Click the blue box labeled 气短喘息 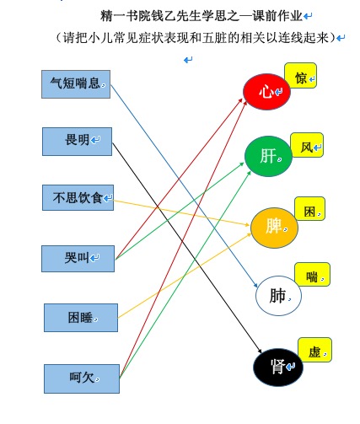(x=76, y=84)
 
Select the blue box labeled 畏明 (x=77, y=142)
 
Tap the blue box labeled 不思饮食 (x=78, y=197)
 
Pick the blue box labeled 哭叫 (x=78, y=259)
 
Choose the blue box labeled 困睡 (x=81, y=318)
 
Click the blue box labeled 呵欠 (x=82, y=378)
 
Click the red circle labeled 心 (x=266, y=92)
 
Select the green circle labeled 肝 (x=268, y=156)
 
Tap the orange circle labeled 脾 (x=274, y=228)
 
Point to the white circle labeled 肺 (x=278, y=296)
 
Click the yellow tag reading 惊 (x=301, y=75)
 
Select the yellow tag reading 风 (x=307, y=145)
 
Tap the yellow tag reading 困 (x=309, y=208)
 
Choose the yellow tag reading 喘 (x=312, y=275)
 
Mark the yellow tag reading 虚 (x=314, y=350)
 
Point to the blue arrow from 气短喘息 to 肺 (x=184, y=186)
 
